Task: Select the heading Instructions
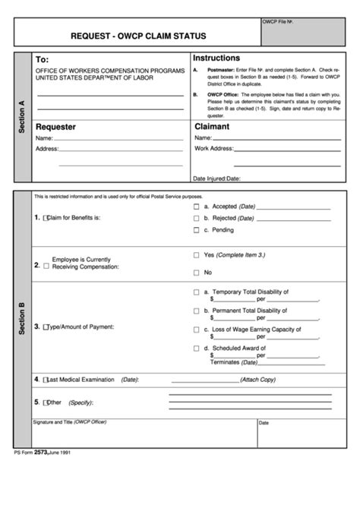[216, 58]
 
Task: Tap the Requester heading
[55, 127]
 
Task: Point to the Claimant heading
[212, 127]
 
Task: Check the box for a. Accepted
[196, 207]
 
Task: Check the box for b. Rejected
[196, 218]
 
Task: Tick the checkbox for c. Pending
[196, 229]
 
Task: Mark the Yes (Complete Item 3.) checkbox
[196, 255]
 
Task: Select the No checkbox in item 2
[196, 272]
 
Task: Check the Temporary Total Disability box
[196, 292]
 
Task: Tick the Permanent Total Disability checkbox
[196, 311]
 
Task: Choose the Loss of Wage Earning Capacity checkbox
[196, 330]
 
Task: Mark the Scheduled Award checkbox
[196, 349]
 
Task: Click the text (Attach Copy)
[257, 379]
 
